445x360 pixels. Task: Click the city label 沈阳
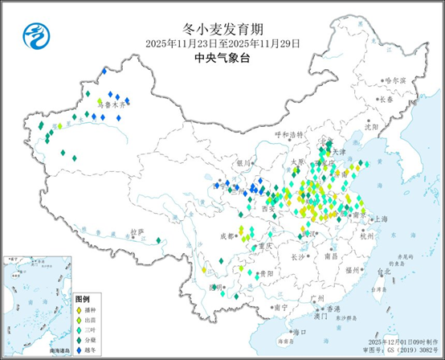point(370,126)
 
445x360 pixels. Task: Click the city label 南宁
point(280,307)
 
